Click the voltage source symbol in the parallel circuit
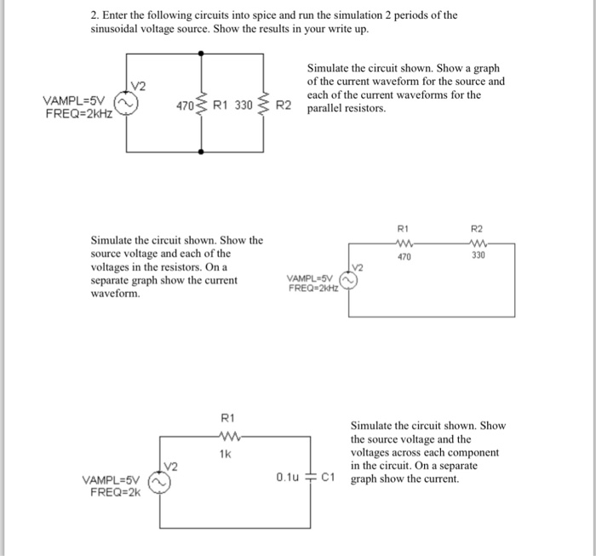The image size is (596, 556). pos(128,104)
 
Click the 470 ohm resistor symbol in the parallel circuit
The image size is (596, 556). pos(202,106)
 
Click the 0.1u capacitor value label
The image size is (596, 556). pos(290,478)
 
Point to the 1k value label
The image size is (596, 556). pos(226,454)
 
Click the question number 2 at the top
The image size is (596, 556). pos(95,15)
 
